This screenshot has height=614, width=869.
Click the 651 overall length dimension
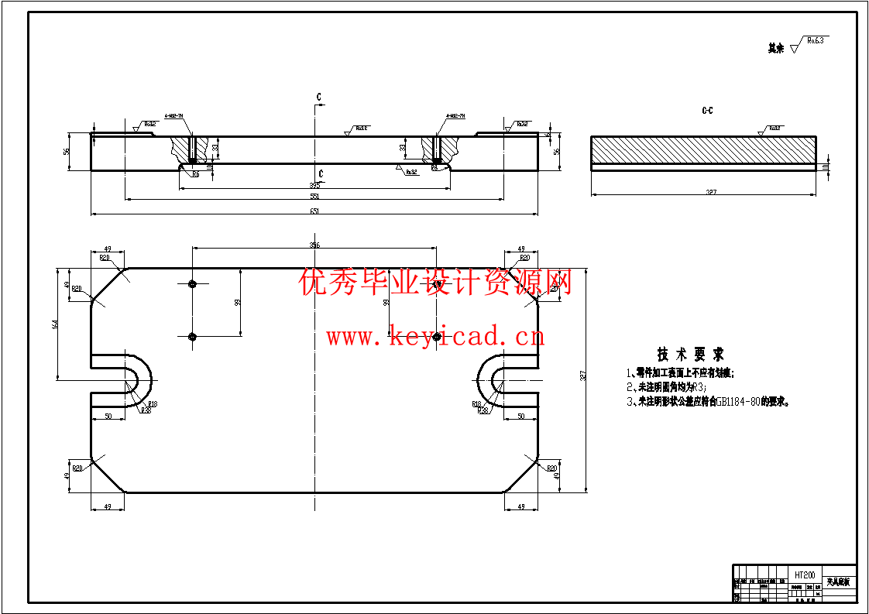click(x=314, y=210)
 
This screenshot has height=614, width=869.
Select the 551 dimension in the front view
click(x=314, y=197)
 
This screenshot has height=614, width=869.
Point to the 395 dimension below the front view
click(x=314, y=185)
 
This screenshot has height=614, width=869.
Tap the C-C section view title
click(x=707, y=111)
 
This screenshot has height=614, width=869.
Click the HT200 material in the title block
click(x=805, y=575)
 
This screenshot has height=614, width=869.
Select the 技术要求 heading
click(x=690, y=355)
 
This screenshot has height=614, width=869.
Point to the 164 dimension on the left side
click(x=55, y=325)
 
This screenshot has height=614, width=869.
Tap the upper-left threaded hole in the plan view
click(x=193, y=284)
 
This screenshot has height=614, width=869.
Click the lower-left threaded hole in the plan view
click(x=193, y=336)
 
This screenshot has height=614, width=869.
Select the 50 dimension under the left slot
click(x=108, y=417)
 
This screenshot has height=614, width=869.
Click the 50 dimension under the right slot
click(x=520, y=417)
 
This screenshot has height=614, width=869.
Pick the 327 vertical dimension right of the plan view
click(x=582, y=376)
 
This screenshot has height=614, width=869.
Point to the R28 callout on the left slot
click(x=146, y=410)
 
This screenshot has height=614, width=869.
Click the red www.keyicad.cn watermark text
click(x=434, y=337)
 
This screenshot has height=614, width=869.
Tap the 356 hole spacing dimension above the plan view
click(x=314, y=245)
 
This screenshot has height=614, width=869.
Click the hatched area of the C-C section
click(x=703, y=149)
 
